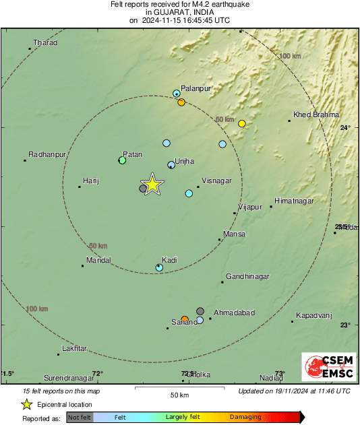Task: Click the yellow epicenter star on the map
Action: [153, 184]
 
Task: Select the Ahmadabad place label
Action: [234, 313]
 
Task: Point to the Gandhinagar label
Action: [247, 277]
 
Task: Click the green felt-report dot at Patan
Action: [122, 160]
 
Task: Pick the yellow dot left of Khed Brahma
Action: [241, 123]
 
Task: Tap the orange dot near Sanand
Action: [185, 319]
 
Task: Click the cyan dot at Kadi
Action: [159, 267]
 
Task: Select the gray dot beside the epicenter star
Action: [142, 189]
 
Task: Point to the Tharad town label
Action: [46, 43]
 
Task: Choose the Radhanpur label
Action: [46, 154]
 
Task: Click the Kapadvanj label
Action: [315, 316]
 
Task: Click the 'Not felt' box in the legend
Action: [80, 418]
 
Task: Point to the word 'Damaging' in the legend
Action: [245, 418]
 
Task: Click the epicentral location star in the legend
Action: [26, 404]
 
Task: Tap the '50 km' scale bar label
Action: [179, 395]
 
